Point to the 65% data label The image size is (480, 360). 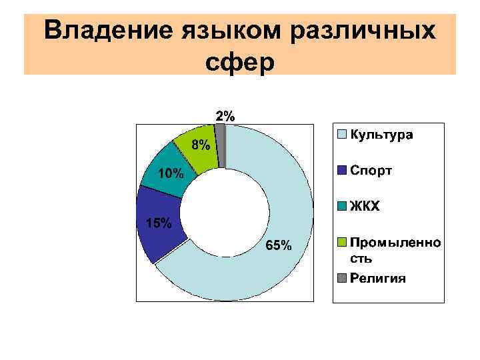point(278,246)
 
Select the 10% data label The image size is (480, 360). point(171,174)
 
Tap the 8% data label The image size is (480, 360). point(201,145)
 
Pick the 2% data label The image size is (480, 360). point(225,115)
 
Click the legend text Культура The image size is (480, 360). point(381,135)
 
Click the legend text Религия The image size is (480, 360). point(377,279)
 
